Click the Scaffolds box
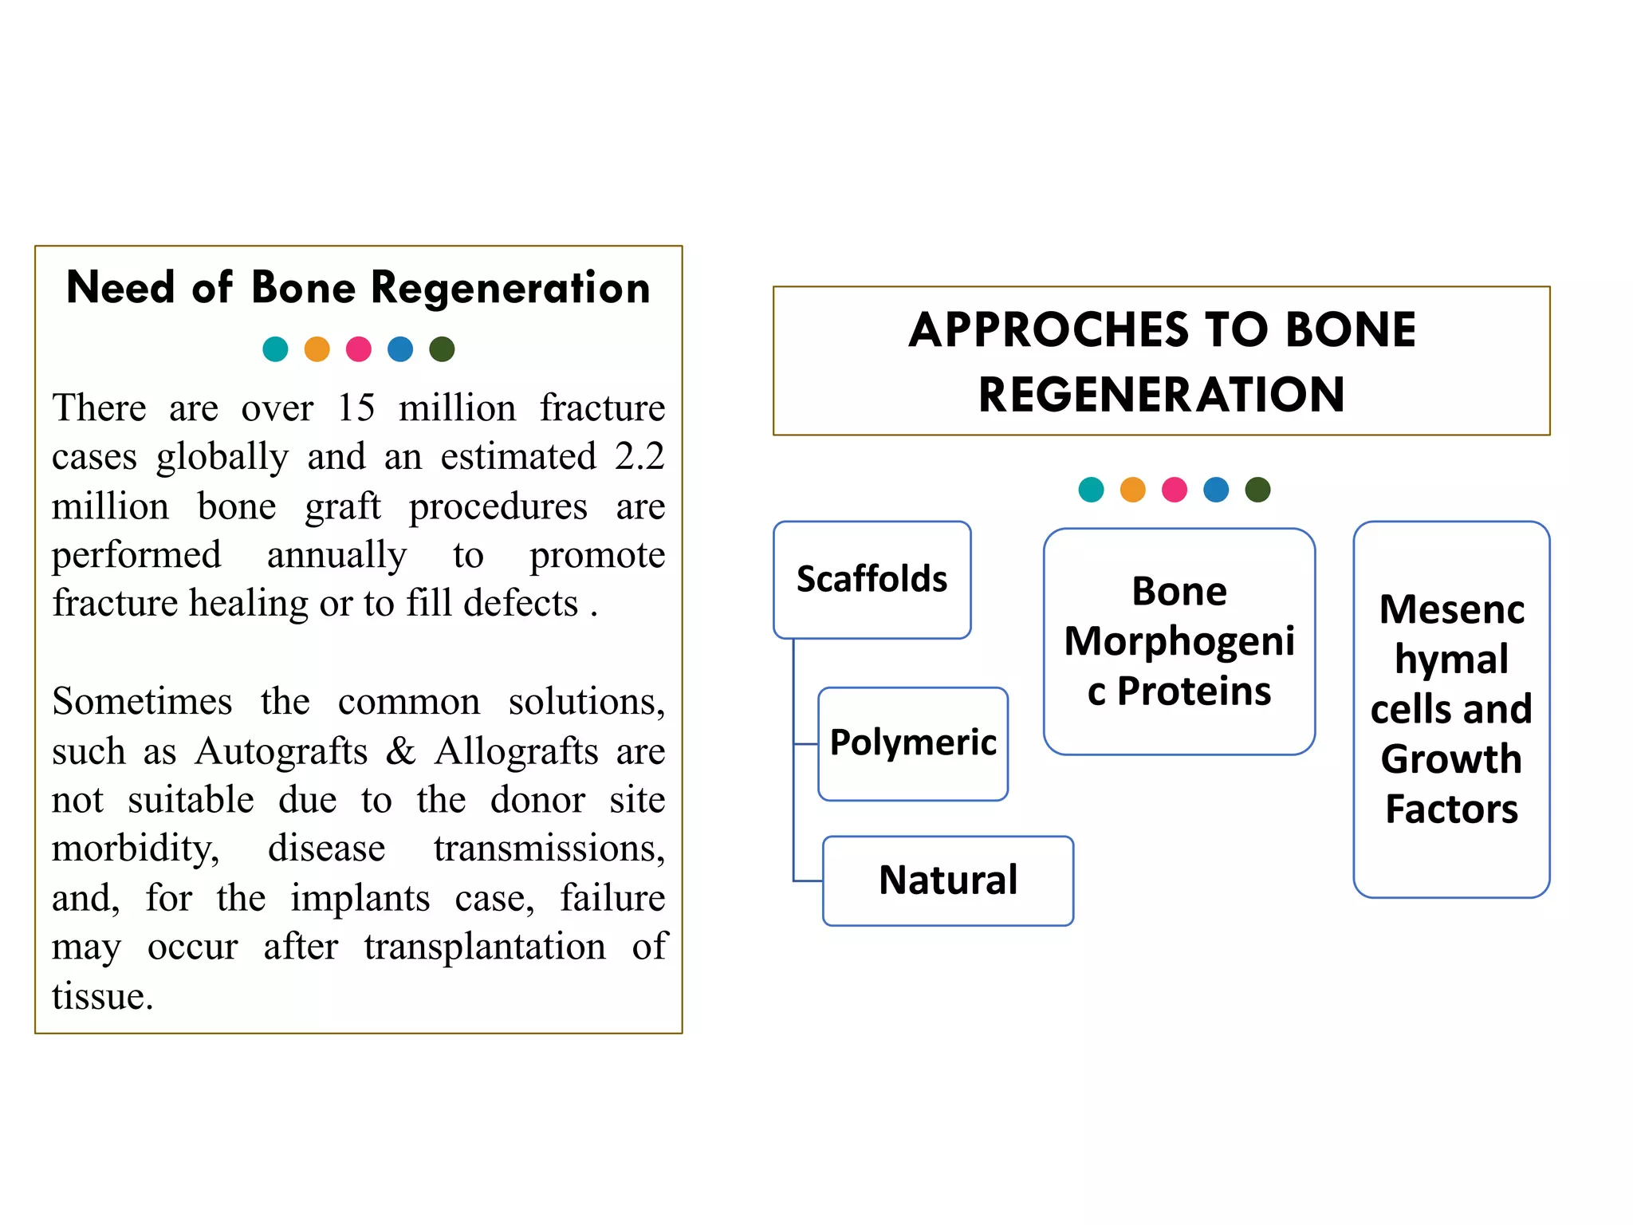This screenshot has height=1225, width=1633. point(872,579)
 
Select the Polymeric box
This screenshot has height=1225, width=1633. point(913,743)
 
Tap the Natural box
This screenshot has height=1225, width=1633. point(947,880)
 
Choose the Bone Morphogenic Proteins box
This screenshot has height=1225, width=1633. point(1179,641)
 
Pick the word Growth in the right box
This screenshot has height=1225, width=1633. point(1451,758)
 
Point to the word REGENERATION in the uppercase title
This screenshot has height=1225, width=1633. point(1161,395)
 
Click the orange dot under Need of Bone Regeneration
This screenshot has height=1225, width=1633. point(317,349)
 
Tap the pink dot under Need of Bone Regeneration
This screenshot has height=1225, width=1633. point(359,349)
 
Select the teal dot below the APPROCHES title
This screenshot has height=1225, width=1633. point(1091,490)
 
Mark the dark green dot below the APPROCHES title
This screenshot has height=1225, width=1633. point(1257,490)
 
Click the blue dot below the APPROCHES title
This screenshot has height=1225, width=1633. point(1216,490)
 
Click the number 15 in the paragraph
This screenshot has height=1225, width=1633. point(356,408)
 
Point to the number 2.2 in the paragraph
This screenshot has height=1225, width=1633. point(639,457)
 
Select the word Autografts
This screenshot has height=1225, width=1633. point(281,751)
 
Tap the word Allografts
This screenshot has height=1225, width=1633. point(517,751)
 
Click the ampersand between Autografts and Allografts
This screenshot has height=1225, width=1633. point(401,751)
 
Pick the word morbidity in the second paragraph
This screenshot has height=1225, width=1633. point(136,849)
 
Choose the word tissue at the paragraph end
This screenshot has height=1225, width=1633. point(102,996)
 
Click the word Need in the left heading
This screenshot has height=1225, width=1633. point(120,288)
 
